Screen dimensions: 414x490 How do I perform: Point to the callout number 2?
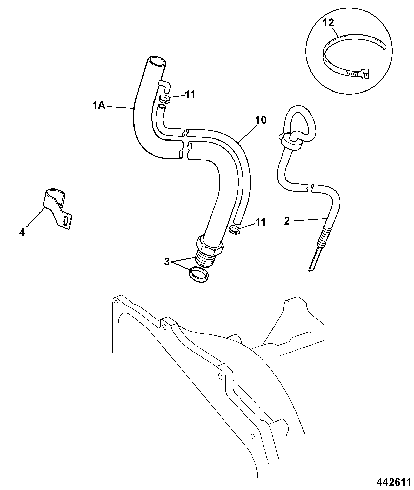(287, 221)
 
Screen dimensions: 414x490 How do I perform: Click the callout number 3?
(167, 262)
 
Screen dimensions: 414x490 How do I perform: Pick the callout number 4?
(22, 233)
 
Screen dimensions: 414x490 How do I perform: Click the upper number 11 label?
(190, 95)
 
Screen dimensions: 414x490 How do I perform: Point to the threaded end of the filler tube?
(205, 258)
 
